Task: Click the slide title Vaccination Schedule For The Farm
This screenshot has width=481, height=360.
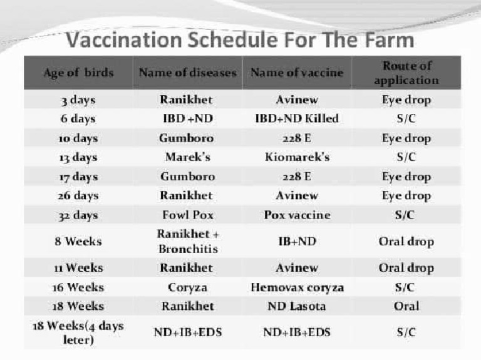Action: click(240, 41)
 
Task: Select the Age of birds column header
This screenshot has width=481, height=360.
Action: click(79, 73)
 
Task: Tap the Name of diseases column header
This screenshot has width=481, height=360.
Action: click(188, 73)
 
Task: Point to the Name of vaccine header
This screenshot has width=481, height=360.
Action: click(297, 73)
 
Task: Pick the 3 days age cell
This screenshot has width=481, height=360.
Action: click(79, 100)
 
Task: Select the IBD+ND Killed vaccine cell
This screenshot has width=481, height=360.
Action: click(297, 119)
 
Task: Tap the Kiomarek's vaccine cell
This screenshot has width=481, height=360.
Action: click(297, 157)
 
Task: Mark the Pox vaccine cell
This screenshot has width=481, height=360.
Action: click(297, 215)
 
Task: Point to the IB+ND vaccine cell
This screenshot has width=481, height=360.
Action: click(297, 241)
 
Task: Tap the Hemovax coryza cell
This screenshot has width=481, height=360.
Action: click(297, 287)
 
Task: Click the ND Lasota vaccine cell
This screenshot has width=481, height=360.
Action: click(297, 306)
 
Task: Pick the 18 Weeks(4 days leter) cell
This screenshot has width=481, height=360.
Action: click(79, 332)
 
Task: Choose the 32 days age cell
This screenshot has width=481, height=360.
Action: click(79, 215)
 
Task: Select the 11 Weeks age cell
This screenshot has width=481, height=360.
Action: click(79, 268)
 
